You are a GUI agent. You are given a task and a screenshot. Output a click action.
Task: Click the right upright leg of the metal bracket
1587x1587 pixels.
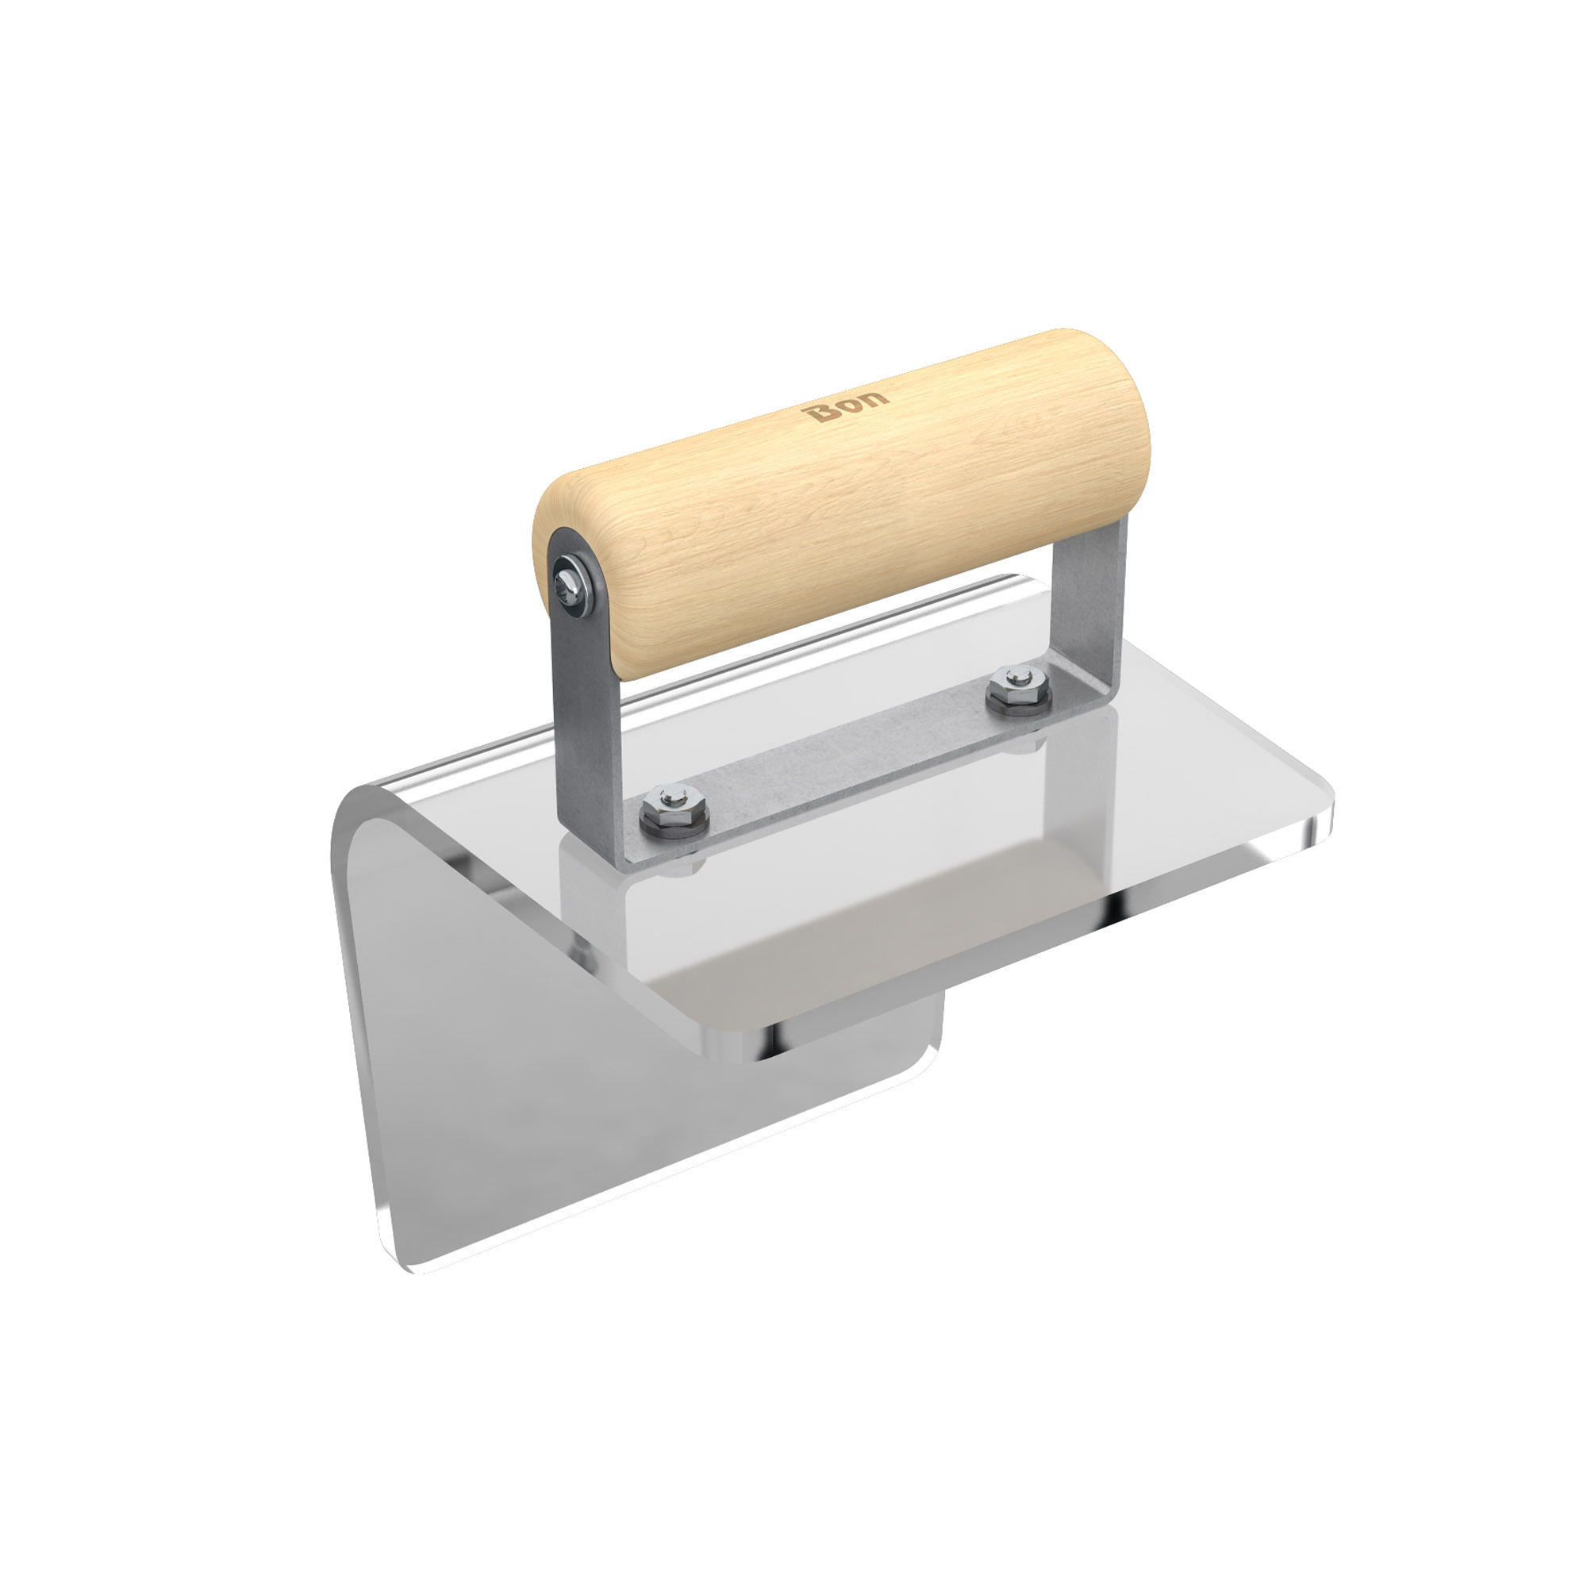click(1089, 608)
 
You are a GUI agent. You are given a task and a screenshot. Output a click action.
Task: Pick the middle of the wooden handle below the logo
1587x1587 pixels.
click(846, 509)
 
